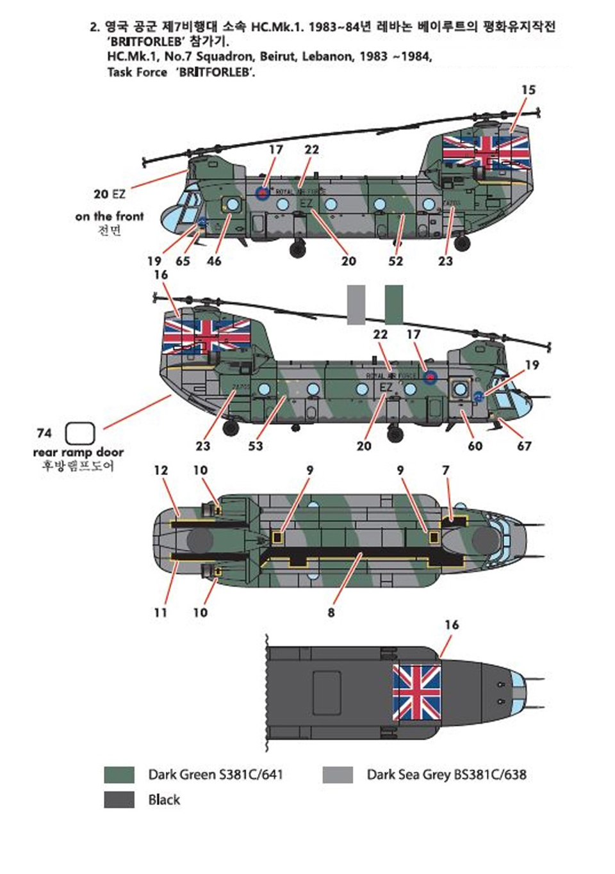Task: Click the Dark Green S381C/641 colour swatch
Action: [x=119, y=775]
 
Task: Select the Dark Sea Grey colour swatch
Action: [x=338, y=775]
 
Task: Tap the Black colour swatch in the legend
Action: [x=119, y=800]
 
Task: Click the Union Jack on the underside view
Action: [x=416, y=692]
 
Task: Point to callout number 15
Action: [x=528, y=90]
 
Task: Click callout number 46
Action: [x=214, y=261]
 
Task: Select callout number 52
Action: [x=396, y=261]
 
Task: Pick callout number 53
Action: [x=256, y=446]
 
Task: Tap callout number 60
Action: [x=475, y=446]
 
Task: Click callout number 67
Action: [x=524, y=446]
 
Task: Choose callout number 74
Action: [x=44, y=433]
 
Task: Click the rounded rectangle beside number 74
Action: [x=80, y=433]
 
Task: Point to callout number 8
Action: [x=331, y=613]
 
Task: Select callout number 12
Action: [x=161, y=471]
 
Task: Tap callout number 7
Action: [x=445, y=471]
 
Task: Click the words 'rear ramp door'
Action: [x=78, y=452]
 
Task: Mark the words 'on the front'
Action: [x=110, y=216]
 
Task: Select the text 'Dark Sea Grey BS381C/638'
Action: [x=447, y=775]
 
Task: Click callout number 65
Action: [x=183, y=261]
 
